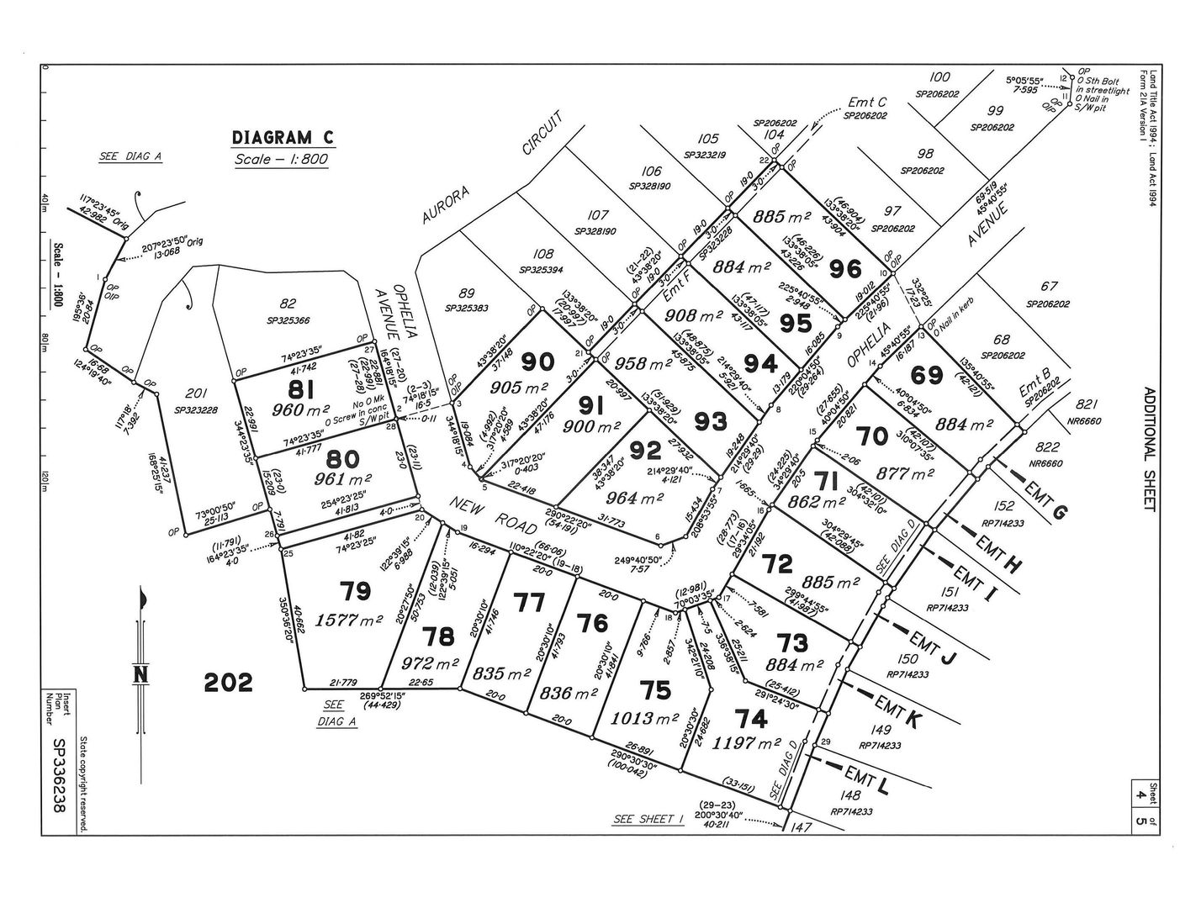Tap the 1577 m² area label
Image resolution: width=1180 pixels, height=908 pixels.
pos(352,620)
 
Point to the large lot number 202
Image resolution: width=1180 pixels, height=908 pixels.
pos(229,682)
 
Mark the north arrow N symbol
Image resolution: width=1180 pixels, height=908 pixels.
pos(140,674)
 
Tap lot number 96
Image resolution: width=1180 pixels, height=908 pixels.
pos(845,269)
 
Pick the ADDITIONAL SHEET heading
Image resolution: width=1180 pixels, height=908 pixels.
pos(1149,449)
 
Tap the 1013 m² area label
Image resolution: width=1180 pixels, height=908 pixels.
pos(652,719)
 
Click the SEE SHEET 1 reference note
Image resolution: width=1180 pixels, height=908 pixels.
pos(648,818)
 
